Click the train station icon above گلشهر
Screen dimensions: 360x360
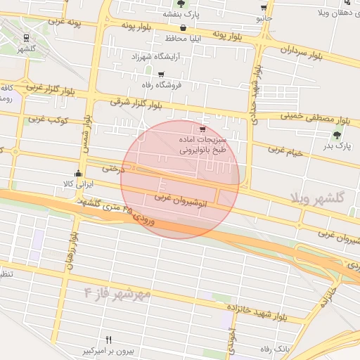pos(26,38)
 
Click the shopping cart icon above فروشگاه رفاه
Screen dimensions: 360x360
pos(161,74)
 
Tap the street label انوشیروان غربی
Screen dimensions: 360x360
pos(174,198)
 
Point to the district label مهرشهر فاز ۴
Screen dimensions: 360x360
pos(117,290)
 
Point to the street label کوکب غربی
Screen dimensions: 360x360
pos(48,120)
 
